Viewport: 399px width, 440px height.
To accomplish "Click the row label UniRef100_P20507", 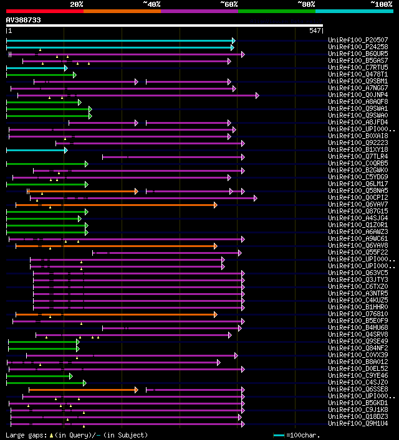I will (358, 40).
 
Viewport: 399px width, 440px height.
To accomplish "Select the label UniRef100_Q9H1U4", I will (358, 423).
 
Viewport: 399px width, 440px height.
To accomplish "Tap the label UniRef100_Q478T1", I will (358, 74).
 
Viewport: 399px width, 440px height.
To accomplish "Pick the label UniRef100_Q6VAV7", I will (358, 204).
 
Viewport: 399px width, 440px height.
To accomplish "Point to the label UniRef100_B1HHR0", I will (358, 307).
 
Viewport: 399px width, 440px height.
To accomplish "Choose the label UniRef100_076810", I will (358, 314).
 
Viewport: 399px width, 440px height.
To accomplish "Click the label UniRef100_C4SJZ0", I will (358, 382).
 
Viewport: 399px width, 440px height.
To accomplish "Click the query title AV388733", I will (24, 20).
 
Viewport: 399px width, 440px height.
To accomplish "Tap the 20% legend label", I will (76, 4).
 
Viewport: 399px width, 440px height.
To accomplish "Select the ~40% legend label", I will (151, 4).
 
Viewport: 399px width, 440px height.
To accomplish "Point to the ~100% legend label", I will (381, 4).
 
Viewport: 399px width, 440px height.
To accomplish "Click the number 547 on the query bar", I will (314, 30).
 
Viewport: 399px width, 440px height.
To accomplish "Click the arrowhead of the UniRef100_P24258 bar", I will (233, 47).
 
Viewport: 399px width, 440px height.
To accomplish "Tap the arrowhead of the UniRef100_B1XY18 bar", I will (65, 150).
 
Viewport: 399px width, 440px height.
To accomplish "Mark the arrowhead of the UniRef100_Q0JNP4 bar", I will (257, 95).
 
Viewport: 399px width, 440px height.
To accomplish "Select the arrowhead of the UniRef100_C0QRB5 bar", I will (86, 164).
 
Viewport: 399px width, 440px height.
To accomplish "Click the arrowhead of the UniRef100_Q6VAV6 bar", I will (215, 246).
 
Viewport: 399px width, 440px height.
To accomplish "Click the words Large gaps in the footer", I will (24, 435).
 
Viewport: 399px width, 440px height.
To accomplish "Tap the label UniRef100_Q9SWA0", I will (358, 115).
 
